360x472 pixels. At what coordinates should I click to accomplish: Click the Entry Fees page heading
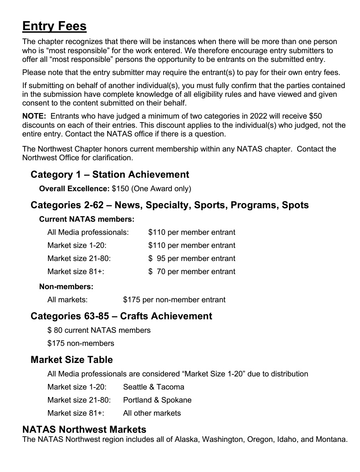click(54, 26)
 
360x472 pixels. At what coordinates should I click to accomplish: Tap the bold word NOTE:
click(34, 116)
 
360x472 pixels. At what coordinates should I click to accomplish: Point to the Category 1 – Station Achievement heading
click(110, 175)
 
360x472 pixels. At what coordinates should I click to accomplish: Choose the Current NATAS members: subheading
click(87, 219)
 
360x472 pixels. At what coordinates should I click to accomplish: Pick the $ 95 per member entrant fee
click(192, 259)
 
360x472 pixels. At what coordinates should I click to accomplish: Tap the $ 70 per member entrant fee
click(192, 272)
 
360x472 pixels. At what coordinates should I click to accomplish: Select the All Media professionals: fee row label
click(88, 232)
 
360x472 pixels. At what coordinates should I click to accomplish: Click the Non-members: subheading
click(66, 286)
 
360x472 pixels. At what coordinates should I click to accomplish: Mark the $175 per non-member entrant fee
click(174, 300)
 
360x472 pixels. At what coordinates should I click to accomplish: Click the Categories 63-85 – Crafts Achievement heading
click(121, 316)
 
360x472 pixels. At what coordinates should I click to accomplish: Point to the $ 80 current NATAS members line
click(99, 330)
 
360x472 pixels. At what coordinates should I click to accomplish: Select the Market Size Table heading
click(71, 360)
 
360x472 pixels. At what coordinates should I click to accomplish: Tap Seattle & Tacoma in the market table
click(154, 387)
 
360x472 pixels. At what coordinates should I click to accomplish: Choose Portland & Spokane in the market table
click(157, 400)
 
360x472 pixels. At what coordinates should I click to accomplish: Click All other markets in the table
click(152, 413)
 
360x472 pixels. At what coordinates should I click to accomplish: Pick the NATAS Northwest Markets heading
click(84, 430)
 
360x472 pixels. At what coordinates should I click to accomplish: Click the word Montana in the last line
click(331, 439)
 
